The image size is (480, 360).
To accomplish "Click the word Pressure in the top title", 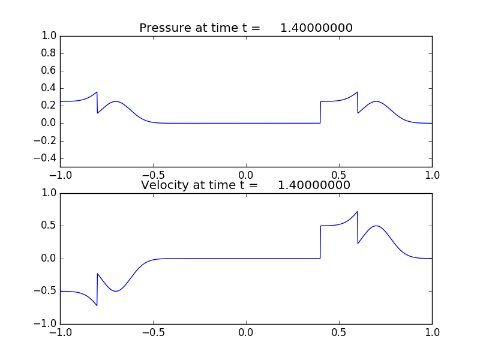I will (x=164, y=28).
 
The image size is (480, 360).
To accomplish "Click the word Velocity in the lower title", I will (x=164, y=185).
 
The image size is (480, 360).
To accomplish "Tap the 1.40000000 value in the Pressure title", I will (x=316, y=28).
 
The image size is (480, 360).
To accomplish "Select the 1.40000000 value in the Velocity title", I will (x=314, y=185).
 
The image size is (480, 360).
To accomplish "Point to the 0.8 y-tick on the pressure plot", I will (x=48, y=53).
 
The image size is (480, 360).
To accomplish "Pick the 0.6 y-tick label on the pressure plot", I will (x=48, y=71).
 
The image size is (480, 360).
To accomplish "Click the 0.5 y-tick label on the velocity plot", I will (x=48, y=226).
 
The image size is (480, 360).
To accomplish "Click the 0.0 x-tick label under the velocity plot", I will (x=246, y=332).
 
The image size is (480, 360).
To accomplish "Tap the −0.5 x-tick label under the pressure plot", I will (x=153, y=175).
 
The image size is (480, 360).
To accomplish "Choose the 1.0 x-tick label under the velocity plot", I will (x=431, y=332).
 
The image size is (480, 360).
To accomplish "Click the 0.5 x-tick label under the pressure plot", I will (x=339, y=175).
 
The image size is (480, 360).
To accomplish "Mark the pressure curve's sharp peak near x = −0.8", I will (x=97, y=92).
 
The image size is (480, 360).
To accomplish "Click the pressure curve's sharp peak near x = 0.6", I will (x=357, y=92).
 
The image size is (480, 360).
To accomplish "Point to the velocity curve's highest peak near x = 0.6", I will (x=357, y=212).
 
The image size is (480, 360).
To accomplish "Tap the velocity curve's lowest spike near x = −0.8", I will (x=97, y=305).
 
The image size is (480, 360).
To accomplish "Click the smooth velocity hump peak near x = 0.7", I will (x=376, y=226).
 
